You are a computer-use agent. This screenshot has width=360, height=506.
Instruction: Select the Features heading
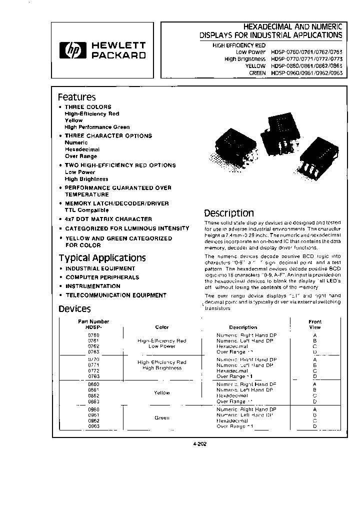coord(76,97)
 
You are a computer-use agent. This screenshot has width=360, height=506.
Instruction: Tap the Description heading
coord(228,213)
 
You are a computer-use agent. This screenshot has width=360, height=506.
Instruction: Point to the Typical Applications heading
coord(102,258)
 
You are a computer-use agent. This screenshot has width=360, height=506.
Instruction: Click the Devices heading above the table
coord(74,309)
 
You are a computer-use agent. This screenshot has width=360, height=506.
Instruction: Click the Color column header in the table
coord(162,327)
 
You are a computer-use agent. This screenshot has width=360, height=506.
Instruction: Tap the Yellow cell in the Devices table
coord(162,393)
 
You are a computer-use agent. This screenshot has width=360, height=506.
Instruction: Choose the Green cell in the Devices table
coord(162,417)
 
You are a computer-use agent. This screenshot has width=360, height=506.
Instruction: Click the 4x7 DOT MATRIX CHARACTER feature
coord(108,219)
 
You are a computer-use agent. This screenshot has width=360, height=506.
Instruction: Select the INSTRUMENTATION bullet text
coord(93,286)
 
